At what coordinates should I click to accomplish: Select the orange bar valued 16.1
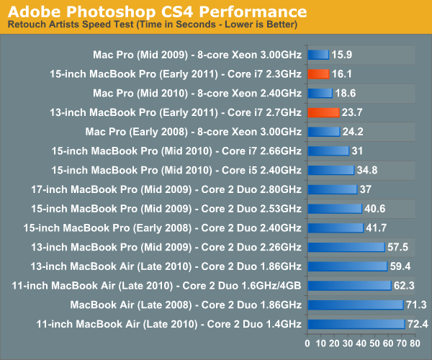click(x=318, y=73)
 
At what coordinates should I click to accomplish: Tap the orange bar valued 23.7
click(x=323, y=112)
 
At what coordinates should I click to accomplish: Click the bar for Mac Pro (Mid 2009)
click(x=318, y=54)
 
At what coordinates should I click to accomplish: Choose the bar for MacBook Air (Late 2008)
click(x=355, y=305)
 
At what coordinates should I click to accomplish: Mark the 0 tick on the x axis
click(x=308, y=343)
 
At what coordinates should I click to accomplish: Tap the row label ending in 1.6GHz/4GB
click(x=157, y=286)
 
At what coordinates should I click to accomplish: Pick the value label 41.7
click(x=377, y=228)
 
